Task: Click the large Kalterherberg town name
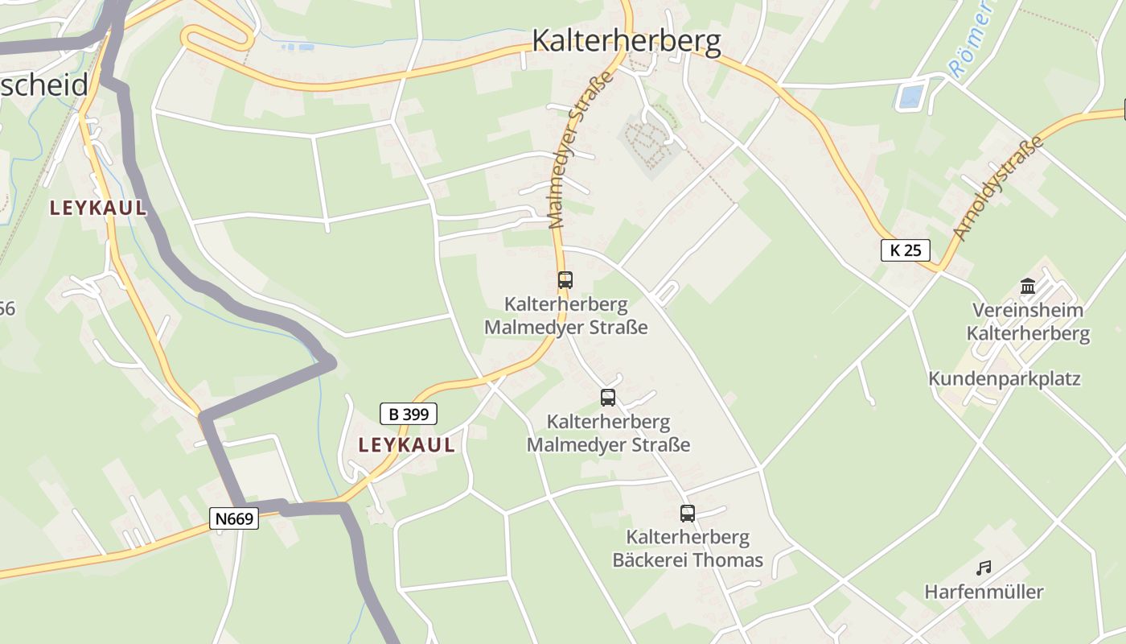627,40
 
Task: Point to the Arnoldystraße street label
998,188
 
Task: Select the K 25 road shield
905,250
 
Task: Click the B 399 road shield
409,414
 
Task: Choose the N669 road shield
235,518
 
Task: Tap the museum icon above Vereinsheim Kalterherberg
1027,286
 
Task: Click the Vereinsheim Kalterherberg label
1028,322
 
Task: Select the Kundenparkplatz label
1005,378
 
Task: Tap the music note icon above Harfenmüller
983,568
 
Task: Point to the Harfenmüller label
984,592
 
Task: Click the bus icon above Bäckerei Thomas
687,513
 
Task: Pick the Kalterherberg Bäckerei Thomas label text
688,548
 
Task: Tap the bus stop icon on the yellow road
565,280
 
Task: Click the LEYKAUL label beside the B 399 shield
406,445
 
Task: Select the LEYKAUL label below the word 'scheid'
98,208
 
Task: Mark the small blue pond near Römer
910,97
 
